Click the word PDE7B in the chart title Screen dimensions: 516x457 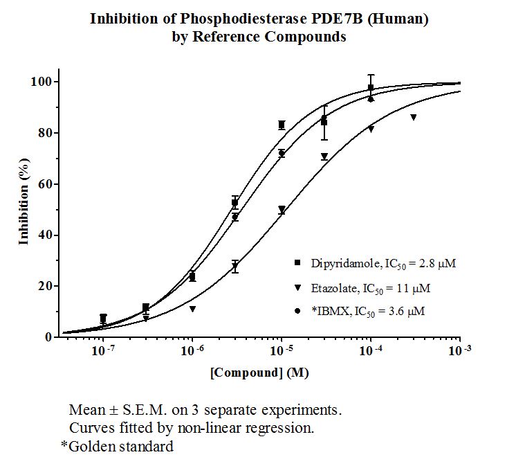[x=337, y=19]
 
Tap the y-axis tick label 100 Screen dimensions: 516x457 [x=42, y=82]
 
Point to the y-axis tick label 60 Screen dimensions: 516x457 [x=46, y=184]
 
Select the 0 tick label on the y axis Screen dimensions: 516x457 [x=48, y=337]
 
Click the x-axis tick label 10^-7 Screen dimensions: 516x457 [x=103, y=350]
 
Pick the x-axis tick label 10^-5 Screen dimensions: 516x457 [x=282, y=350]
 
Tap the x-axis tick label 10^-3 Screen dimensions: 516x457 [x=460, y=350]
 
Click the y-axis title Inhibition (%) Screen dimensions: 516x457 [x=24, y=201]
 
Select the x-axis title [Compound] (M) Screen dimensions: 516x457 [x=259, y=373]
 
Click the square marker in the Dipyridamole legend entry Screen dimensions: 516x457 [x=297, y=262]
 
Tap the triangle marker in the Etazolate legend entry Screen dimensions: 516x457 [x=297, y=287]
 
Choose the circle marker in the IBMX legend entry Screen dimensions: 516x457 [x=297, y=311]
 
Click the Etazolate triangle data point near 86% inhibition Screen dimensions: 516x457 [x=414, y=117]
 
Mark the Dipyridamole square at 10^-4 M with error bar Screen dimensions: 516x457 [x=371, y=87]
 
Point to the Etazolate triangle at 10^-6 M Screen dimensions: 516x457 [x=192, y=309]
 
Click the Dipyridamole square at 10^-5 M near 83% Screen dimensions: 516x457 [x=282, y=125]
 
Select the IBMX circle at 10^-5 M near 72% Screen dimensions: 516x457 [x=282, y=153]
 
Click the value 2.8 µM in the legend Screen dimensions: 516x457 [x=437, y=264]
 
